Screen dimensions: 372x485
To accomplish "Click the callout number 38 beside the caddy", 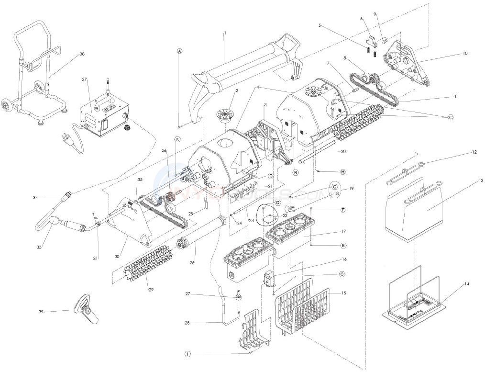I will point(82,55).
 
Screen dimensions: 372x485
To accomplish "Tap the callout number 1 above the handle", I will point(225,33).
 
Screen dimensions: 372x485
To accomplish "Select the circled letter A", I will point(179,51).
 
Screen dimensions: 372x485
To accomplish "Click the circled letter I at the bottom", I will point(187,354).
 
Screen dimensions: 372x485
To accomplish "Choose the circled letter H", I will point(342,172).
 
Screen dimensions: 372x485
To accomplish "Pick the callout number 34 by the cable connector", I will point(35,197).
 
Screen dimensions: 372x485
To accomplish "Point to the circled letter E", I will point(343,245).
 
